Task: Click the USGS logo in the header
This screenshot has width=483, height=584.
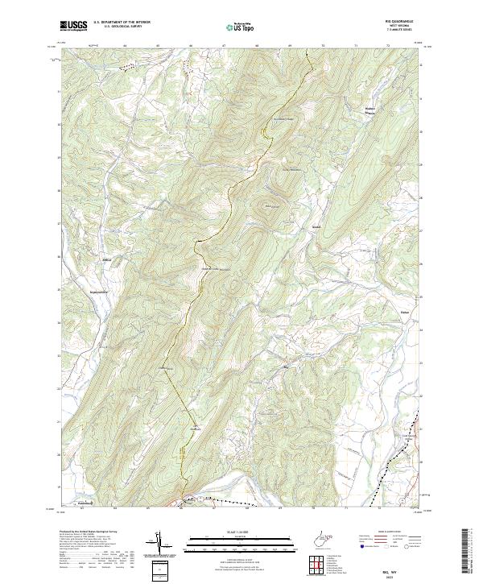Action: pyautogui.click(x=72, y=27)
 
